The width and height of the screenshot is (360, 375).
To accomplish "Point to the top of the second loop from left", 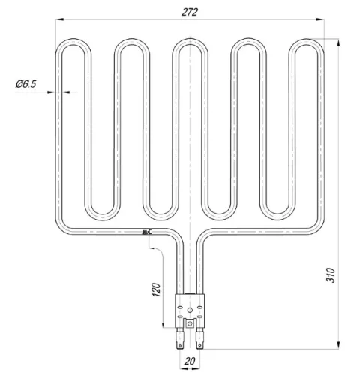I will coord(132,42).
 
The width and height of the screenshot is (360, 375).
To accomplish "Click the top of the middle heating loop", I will coord(191,42).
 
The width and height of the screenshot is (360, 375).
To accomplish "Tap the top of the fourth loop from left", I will coord(250,42).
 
